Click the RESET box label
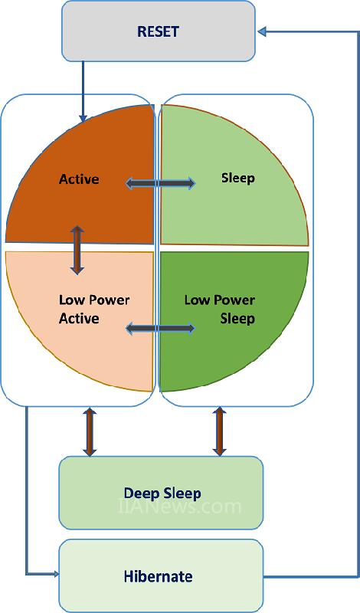pos(158,31)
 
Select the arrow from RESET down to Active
pos(83,91)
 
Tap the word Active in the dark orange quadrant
pos(79,179)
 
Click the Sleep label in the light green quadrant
pos(238,178)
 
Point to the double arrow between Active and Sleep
pos(161,183)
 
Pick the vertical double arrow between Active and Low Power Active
pos(77,250)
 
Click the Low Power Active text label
pos(94,310)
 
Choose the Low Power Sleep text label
pos(220,310)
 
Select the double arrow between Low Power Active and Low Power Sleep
pos(160,328)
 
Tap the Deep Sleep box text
pos(162,493)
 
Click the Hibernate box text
pos(159,576)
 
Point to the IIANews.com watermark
pos(179,506)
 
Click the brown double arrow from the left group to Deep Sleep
pos(90,432)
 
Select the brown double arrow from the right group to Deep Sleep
pos(219,432)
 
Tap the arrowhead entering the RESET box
pos(262,31)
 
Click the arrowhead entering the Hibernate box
pos(55,574)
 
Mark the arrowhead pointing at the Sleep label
pos(191,183)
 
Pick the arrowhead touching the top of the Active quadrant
pos(83,119)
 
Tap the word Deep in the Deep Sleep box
pos(139,493)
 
